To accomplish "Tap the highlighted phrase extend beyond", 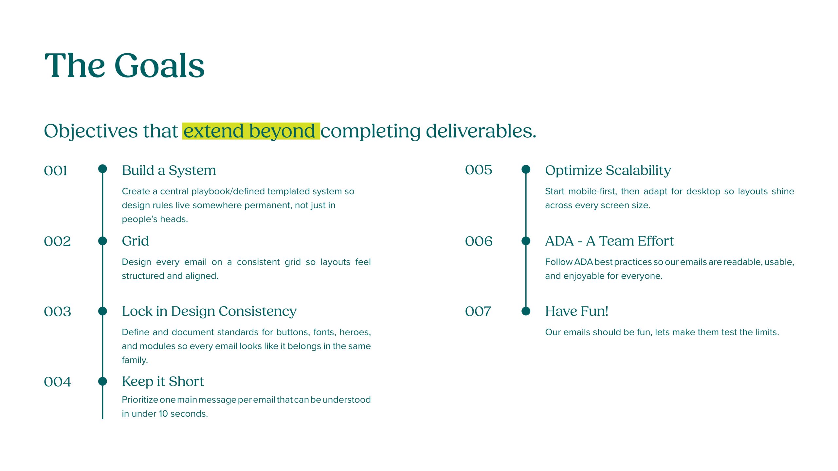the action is coord(249,131).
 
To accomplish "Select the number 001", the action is coord(55,171).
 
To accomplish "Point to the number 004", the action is coord(57,382).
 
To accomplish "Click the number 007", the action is coord(478,311).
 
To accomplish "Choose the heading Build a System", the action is coord(169,171).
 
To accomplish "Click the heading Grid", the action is coord(135,241).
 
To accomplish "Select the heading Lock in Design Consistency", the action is coord(209,312).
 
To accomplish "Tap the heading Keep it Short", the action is coord(163,382).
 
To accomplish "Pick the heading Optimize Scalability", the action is coord(608,171).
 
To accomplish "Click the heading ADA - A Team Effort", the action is coord(610,241).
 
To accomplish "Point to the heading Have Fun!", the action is coord(577,311).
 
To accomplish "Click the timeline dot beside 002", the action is coord(102,241).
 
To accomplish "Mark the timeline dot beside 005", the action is coord(526,169).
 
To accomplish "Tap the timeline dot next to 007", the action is coord(526,311).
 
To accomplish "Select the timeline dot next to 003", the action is coord(102,311).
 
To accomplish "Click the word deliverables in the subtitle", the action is coord(481,131).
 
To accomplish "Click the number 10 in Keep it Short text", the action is coord(163,414).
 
